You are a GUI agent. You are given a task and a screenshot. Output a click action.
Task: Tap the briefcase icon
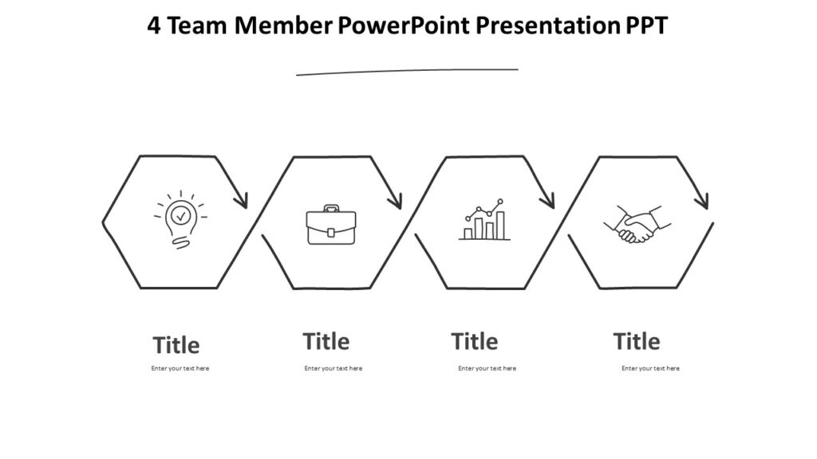[x=331, y=226]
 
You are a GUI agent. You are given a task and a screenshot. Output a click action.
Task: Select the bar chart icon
[x=484, y=221]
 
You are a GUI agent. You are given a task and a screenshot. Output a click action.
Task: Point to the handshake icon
[x=637, y=225]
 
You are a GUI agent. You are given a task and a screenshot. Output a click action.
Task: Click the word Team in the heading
[x=199, y=26]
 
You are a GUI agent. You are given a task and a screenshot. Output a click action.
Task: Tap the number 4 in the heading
[x=155, y=26]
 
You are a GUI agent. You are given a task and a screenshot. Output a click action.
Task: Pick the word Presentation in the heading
[x=542, y=26]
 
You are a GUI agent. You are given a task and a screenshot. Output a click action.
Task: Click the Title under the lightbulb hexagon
[x=176, y=346]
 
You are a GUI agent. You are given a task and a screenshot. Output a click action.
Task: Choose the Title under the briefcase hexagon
[x=326, y=342]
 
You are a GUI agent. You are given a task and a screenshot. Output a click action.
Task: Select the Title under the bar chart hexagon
[x=475, y=342]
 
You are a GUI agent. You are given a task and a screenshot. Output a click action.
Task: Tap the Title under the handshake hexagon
[x=637, y=342]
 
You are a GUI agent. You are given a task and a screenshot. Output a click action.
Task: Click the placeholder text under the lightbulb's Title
[x=180, y=368]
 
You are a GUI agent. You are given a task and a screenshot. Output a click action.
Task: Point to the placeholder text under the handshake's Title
[x=651, y=368]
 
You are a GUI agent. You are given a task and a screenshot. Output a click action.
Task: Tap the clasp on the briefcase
[x=331, y=233]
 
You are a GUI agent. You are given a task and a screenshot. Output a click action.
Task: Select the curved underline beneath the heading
[x=407, y=72]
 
